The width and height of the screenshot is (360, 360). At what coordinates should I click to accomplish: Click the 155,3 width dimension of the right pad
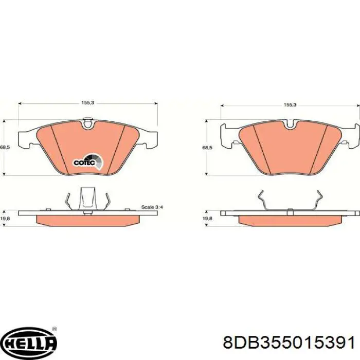pos(290,104)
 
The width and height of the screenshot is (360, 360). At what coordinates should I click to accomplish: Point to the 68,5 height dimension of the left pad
pos(5,147)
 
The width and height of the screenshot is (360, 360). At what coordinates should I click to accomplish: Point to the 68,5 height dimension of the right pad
pos(207,147)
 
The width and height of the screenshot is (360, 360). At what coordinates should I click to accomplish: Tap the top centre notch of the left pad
pos(88,123)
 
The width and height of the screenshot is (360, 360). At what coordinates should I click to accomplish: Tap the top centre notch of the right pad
pos(290,124)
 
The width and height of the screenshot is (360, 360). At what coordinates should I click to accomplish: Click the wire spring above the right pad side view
pos(290,201)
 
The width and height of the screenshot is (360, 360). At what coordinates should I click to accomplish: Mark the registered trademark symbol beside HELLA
pos(55,330)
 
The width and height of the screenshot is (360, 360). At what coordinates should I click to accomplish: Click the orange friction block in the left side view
pos(88,220)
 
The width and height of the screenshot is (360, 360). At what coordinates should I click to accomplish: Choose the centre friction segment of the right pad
pos(290,149)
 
